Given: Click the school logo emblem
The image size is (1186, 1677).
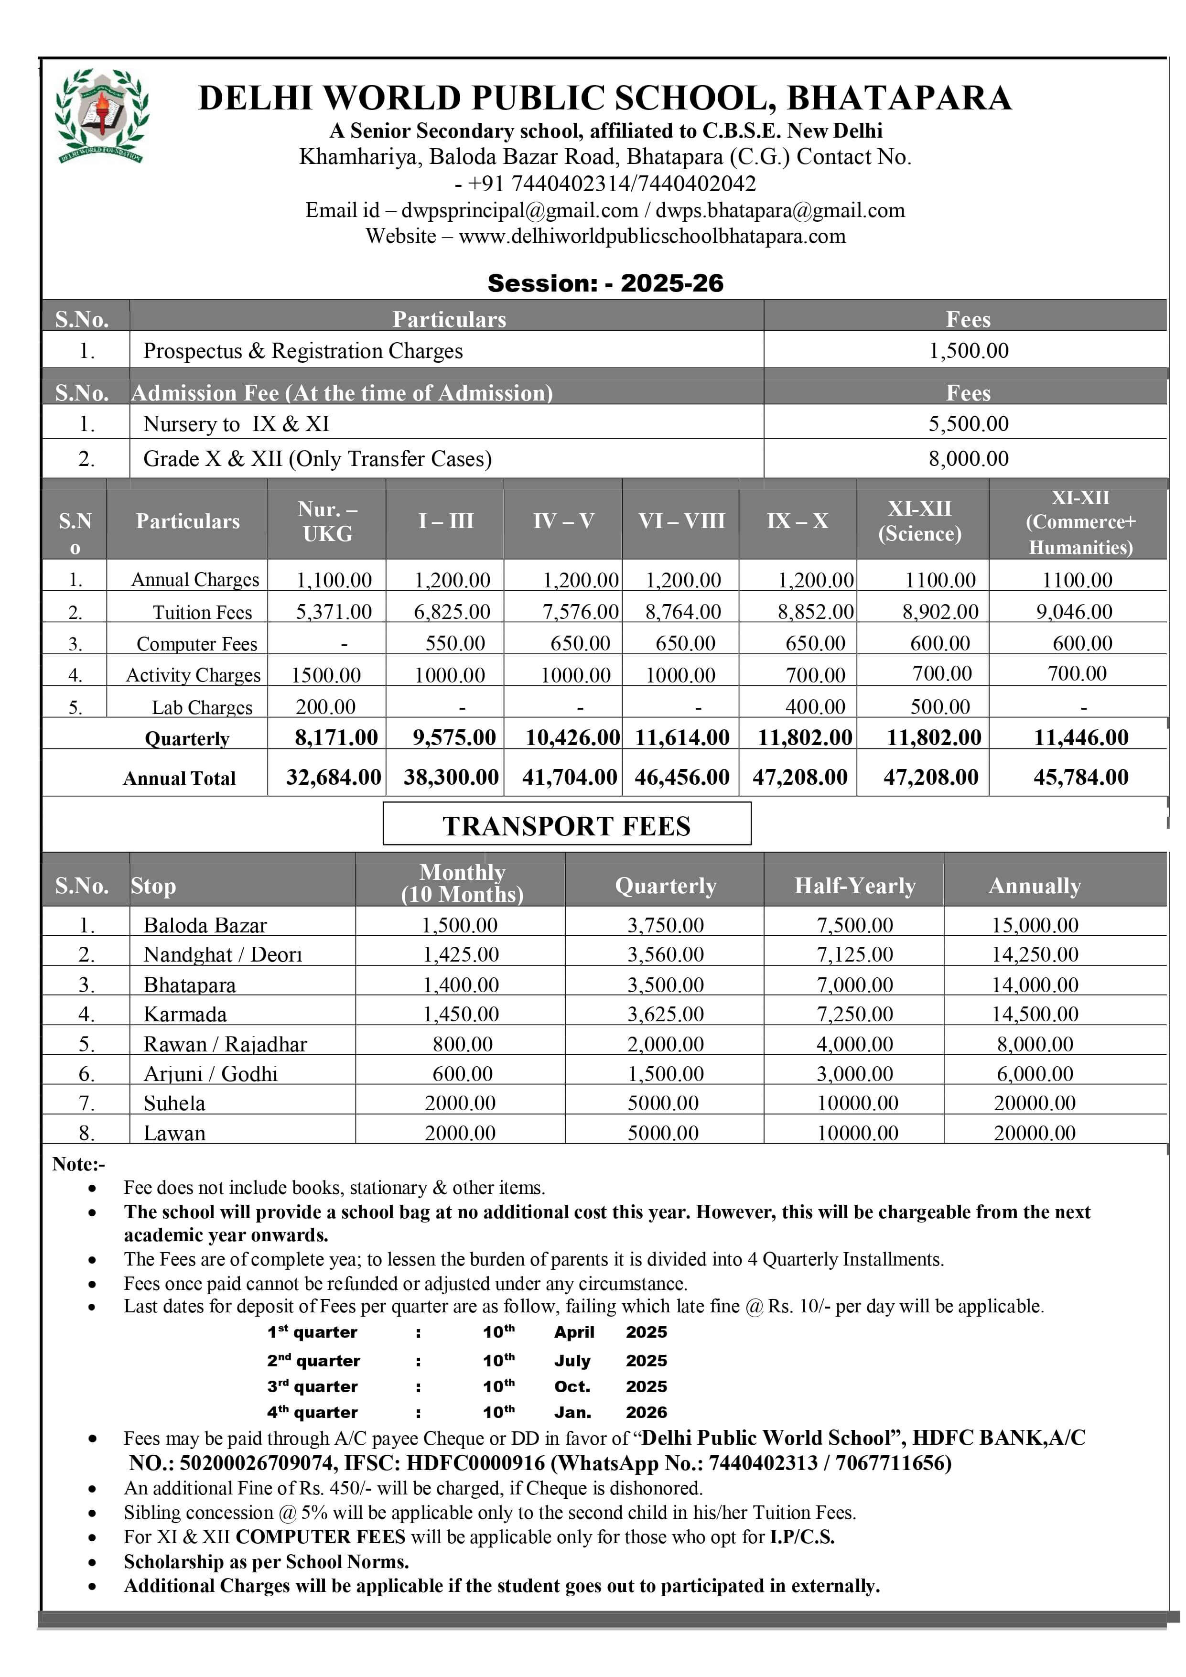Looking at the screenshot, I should (x=102, y=115).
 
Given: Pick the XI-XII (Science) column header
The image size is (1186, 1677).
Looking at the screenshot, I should (x=919, y=521).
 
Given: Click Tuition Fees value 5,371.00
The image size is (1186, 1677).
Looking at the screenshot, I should (x=334, y=611).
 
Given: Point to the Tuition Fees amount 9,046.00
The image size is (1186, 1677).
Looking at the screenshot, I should (x=1074, y=611).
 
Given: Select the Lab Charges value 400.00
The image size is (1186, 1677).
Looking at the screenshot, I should (x=815, y=706).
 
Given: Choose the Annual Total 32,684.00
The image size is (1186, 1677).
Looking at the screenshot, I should (x=333, y=777).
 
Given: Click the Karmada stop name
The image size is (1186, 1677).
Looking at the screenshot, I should (x=185, y=1014).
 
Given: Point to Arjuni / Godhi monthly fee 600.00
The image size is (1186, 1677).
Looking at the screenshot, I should (x=462, y=1074).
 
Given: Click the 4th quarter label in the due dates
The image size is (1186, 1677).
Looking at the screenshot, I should (x=313, y=1412).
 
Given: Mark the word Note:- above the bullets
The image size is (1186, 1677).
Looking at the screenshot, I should (x=78, y=1164).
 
